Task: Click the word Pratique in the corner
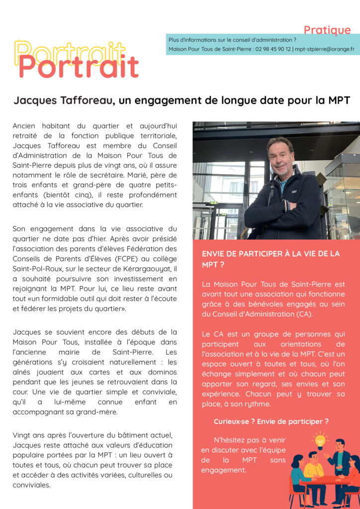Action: tap(327, 30)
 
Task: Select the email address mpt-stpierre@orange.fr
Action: tap(325, 49)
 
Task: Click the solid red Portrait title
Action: tap(79, 67)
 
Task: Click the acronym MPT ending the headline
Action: tap(339, 100)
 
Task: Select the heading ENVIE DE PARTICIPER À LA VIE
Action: tap(270, 254)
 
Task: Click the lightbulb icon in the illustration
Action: tap(320, 440)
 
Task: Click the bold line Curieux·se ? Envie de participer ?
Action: tap(271, 422)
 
